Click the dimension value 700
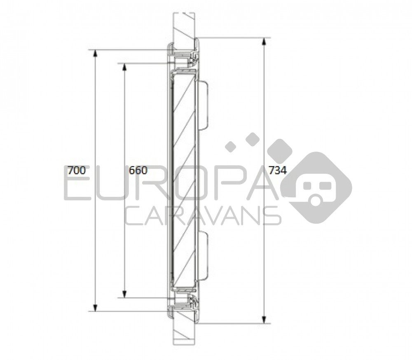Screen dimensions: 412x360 pos(77,171)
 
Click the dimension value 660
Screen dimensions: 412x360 pos(138,171)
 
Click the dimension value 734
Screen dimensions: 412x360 pos(277,171)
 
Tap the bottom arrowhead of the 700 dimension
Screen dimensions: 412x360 pos(96,308)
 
